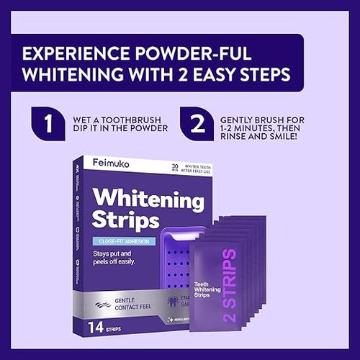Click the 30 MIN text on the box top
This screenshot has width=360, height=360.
[175, 167]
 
